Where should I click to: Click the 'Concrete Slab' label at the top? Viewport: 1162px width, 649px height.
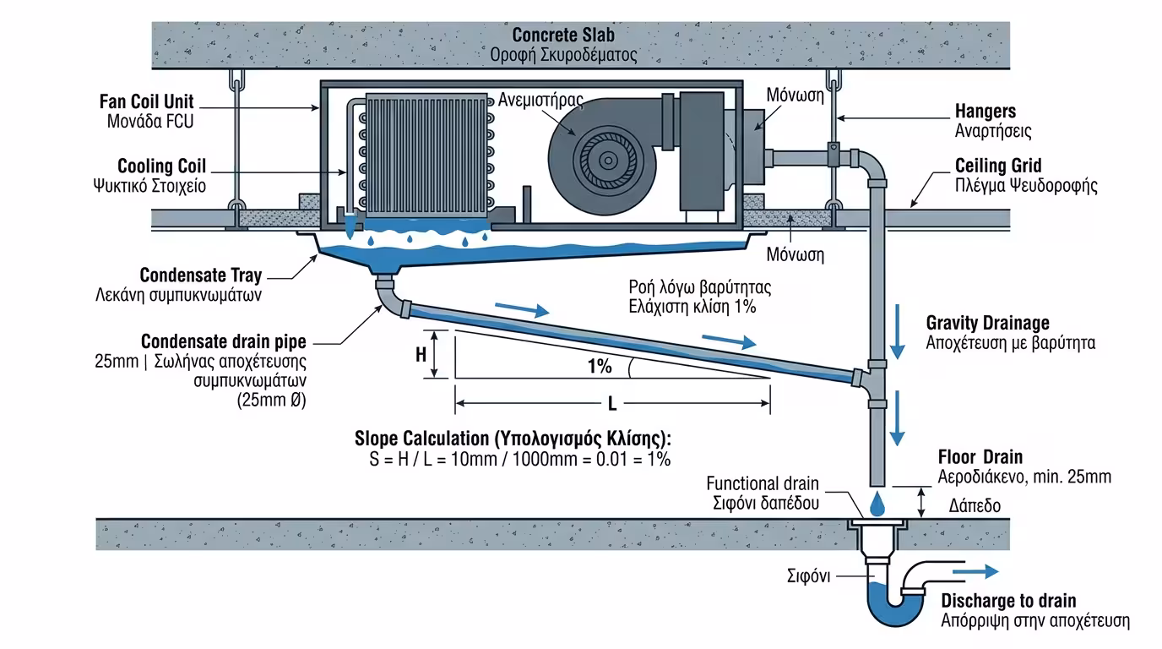(563, 35)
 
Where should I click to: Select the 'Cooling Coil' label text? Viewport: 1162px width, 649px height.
(161, 166)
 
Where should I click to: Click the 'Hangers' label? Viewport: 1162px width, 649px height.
(985, 112)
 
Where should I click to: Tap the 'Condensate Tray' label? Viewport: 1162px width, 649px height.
(200, 275)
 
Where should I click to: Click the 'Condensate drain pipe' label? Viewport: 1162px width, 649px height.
(224, 342)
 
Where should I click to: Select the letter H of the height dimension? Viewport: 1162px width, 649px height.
(421, 355)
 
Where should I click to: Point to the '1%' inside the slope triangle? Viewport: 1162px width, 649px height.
(599, 367)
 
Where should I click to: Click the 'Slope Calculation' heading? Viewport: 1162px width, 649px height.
(513, 439)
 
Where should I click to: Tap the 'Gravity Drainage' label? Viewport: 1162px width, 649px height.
(987, 323)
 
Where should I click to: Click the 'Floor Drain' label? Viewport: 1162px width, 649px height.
(980, 457)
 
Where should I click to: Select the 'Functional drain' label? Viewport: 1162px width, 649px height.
(762, 483)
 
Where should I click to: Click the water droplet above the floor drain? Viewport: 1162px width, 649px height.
(877, 504)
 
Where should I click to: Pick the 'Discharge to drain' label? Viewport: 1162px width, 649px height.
(1008, 601)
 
